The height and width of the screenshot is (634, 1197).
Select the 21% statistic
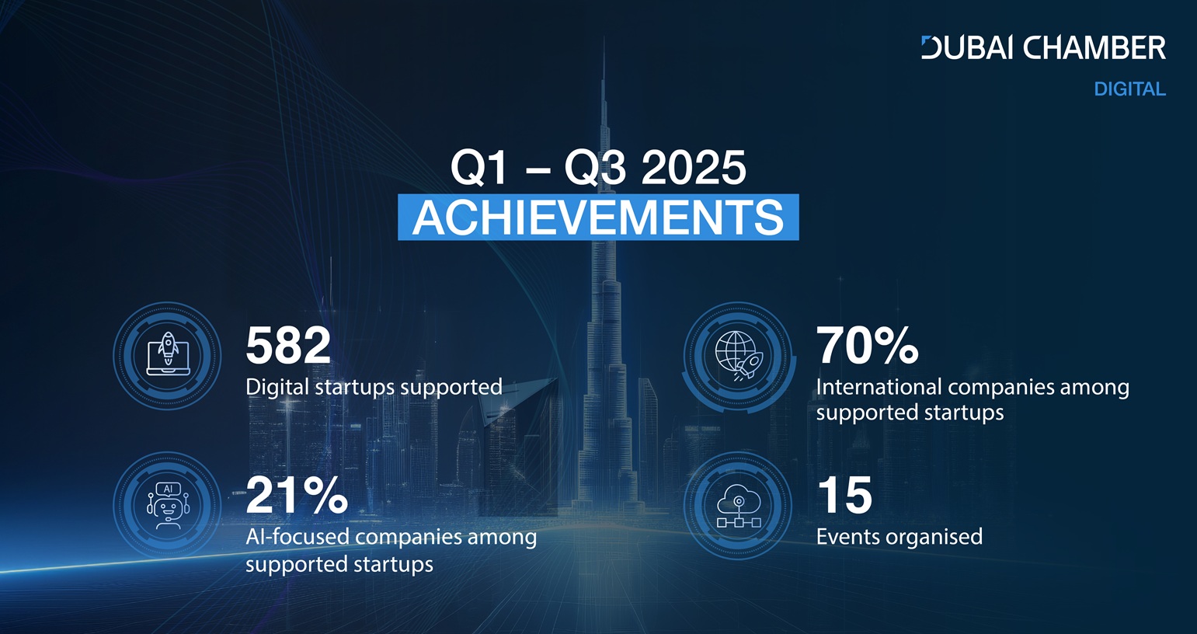(297, 495)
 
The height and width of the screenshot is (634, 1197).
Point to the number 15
(844, 495)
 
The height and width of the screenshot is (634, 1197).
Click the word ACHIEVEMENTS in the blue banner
(598, 218)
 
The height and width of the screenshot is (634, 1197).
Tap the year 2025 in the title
(693, 168)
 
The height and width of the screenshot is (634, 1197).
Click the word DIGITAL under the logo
(1129, 89)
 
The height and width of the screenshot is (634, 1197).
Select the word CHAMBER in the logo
(1094, 47)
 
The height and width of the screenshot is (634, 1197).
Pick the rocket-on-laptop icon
(168, 354)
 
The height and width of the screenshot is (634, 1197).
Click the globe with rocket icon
(739, 356)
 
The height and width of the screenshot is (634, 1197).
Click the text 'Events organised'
(899, 537)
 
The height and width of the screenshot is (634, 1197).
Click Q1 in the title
(479, 169)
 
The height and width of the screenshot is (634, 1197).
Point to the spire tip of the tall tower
(604, 37)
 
